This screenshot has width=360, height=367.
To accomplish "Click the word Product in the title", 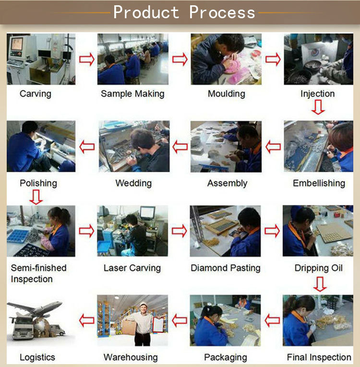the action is pyautogui.click(x=146, y=12).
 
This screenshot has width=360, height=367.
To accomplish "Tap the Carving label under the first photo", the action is pyautogui.click(x=36, y=94).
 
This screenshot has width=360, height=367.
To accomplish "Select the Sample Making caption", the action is pyautogui.click(x=132, y=94).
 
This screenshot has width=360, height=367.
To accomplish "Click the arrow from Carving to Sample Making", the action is pyautogui.click(x=87, y=59).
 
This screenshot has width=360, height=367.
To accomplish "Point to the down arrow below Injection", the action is pyautogui.click(x=318, y=107).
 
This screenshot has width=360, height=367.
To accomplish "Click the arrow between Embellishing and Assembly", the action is pyautogui.click(x=273, y=147).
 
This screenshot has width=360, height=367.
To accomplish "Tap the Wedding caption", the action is pyautogui.click(x=133, y=183).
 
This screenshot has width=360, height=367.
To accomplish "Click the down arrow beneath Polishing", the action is pyautogui.click(x=36, y=197).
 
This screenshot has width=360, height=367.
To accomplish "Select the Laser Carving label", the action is pyautogui.click(x=132, y=268).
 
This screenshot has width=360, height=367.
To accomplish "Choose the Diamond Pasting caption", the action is pyautogui.click(x=226, y=268).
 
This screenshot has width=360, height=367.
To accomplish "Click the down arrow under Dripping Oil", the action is pyautogui.click(x=320, y=284).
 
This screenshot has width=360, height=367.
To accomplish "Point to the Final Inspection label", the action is pyautogui.click(x=319, y=357).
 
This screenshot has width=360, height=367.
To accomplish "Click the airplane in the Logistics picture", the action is pyautogui.click(x=35, y=308).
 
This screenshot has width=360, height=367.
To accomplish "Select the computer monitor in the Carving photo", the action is pyautogui.click(x=17, y=44).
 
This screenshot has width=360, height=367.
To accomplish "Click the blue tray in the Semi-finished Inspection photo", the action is pyautogui.click(x=18, y=236).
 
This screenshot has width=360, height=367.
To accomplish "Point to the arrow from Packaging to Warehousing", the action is pyautogui.click(x=180, y=320).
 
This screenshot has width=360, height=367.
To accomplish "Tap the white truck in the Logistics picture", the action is pyautogui.click(x=22, y=328).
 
